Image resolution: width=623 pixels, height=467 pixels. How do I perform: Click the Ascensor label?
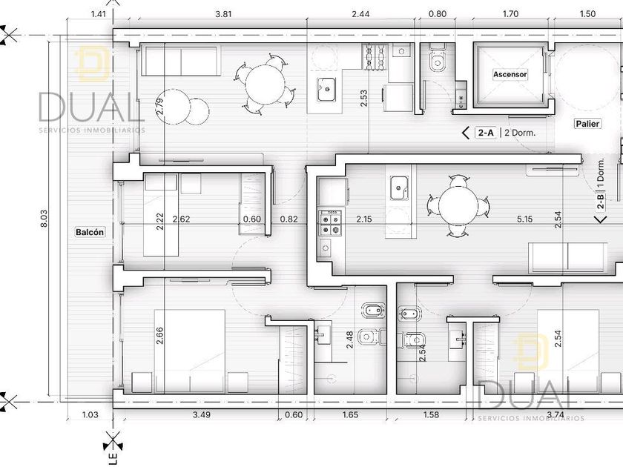(510, 74)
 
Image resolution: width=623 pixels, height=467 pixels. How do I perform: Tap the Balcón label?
(90, 232)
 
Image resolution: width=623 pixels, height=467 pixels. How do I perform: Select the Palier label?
(587, 124)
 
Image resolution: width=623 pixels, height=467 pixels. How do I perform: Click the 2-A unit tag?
(486, 133)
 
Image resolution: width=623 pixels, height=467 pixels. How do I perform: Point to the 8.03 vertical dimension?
(44, 219)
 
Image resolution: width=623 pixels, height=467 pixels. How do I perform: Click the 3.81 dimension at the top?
(223, 14)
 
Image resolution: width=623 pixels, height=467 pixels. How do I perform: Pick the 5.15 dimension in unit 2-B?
(524, 219)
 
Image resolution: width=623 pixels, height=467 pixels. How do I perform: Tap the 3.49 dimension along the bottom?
(202, 414)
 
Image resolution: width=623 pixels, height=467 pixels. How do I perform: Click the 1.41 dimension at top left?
(99, 14)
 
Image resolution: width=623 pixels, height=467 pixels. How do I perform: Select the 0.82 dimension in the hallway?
(289, 219)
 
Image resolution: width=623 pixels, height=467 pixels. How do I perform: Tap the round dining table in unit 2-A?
(265, 86)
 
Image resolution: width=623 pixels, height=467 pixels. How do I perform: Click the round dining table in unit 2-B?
(458, 205)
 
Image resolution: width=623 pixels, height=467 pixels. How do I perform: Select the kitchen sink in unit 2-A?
(326, 89)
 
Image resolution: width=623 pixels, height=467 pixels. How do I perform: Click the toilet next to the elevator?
(438, 59)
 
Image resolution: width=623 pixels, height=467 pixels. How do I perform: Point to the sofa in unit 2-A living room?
(181, 61)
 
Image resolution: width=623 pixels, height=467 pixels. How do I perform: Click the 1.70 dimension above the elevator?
(510, 14)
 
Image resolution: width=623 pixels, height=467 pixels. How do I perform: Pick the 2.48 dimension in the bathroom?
(349, 340)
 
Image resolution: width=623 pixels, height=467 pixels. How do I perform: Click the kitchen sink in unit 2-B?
(399, 188)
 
